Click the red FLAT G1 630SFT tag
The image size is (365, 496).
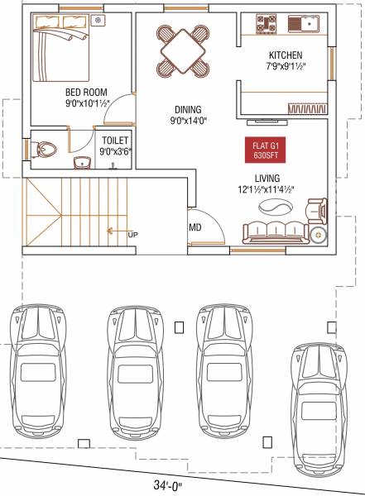click(267, 151)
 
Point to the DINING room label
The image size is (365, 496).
click(188, 109)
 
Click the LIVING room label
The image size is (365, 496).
click(267, 178)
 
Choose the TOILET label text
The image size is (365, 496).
click(114, 141)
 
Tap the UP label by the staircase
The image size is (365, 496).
click(132, 235)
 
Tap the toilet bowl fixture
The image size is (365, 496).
click(46, 150)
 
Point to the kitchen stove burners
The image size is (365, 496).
click(265, 23)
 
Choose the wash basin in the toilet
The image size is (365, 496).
click(83, 161)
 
